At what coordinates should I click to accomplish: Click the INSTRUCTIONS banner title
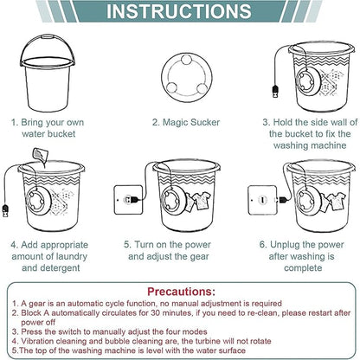(179, 11)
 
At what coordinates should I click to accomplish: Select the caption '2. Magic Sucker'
(186, 122)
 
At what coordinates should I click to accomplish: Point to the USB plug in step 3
(275, 91)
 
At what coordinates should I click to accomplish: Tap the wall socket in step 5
(128, 200)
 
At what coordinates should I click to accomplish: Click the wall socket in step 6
(262, 200)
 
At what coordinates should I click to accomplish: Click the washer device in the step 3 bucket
(306, 81)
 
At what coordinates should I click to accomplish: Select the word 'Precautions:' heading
(181, 292)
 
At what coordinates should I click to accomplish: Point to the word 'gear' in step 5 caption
(199, 257)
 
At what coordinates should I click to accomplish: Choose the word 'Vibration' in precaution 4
(37, 341)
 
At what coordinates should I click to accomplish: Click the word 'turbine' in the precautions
(209, 341)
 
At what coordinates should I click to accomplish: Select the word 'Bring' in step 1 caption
(32, 123)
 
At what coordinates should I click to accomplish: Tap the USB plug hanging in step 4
(5, 210)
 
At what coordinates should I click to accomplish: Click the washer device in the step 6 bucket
(308, 200)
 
